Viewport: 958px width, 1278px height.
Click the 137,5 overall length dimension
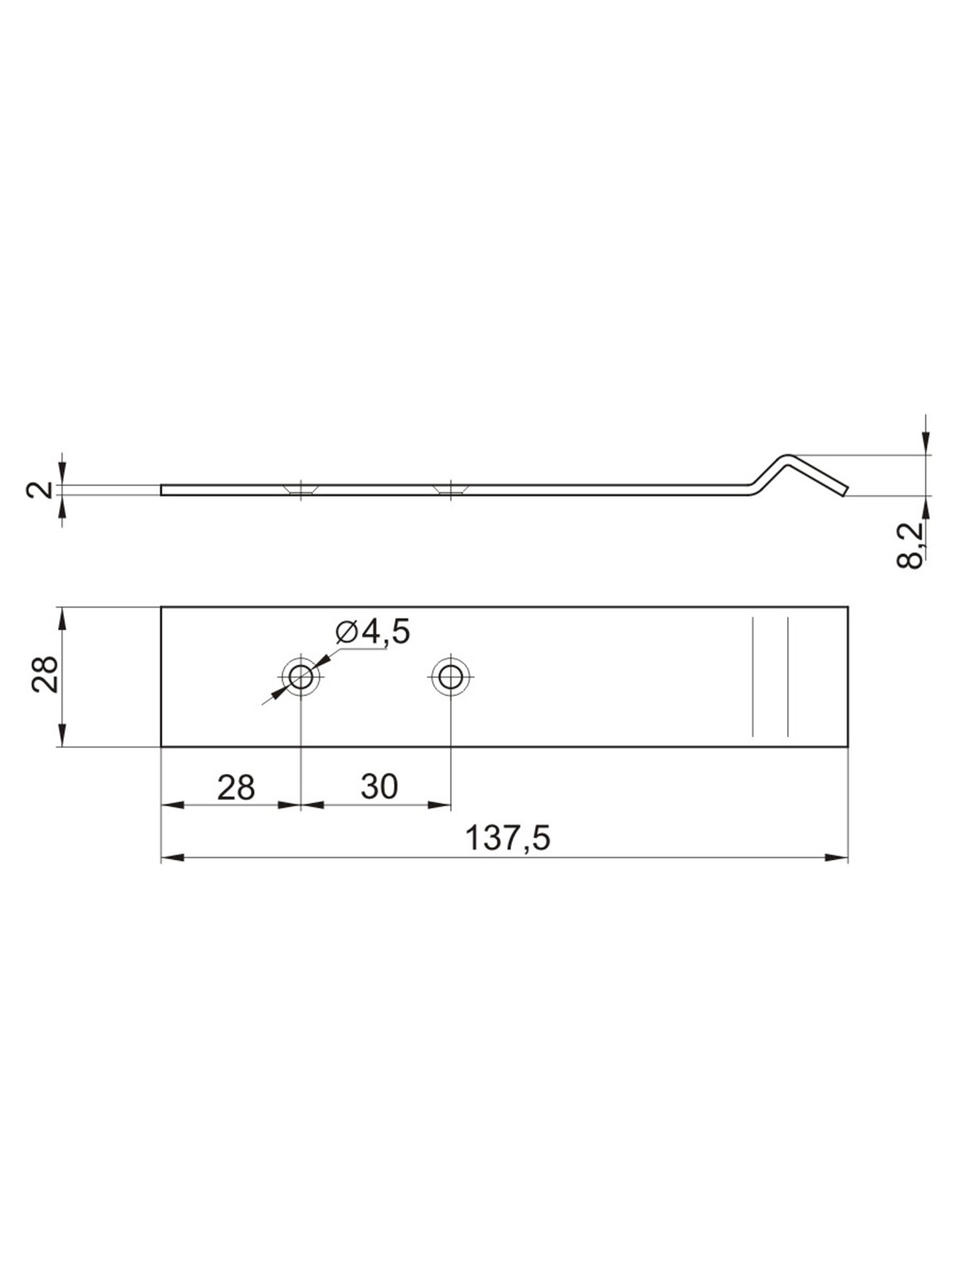pos(508,838)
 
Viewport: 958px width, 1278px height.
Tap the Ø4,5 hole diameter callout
pos(373,632)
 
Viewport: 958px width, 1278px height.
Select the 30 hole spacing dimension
pos(379,787)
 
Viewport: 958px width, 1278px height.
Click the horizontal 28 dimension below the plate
pos(236,787)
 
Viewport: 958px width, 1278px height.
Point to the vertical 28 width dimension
pos(45,675)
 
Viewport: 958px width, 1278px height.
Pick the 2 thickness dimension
pos(39,491)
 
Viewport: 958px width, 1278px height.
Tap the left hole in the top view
pos(301,678)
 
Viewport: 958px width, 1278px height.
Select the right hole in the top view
pos(451,678)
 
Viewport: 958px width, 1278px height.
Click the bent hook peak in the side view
pos(787,457)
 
